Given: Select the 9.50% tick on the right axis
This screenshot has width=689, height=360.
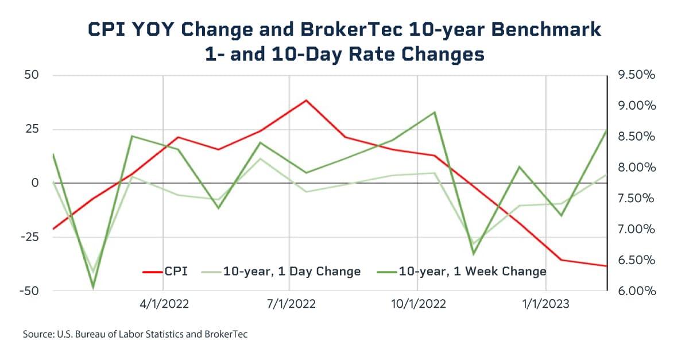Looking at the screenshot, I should [634, 76].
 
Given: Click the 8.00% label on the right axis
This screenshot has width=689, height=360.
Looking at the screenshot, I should [634, 168].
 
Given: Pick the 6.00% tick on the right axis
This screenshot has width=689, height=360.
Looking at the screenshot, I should [634, 291].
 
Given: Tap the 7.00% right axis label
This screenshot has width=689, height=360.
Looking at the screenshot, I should [634, 230].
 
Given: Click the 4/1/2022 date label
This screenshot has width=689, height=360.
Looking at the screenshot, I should [164, 304].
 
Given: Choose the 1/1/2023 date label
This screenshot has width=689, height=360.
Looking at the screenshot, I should [545, 304].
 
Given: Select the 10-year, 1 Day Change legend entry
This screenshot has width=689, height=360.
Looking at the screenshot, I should [282, 271].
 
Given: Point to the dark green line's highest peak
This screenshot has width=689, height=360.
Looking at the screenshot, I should [435, 113].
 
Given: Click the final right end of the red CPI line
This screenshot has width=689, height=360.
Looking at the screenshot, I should [606, 266].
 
